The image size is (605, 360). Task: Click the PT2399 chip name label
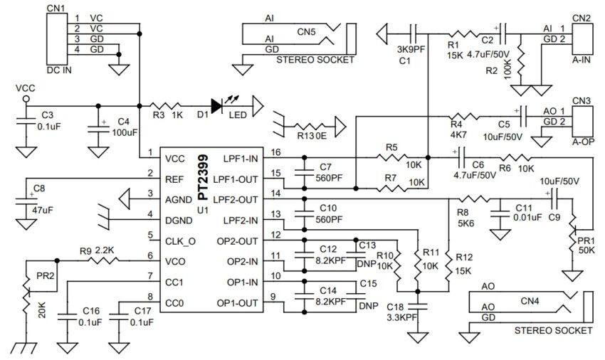pyautogui.click(x=203, y=177)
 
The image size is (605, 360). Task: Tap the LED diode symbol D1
pyautogui.click(x=217, y=106)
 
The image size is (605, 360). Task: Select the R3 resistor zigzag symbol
pyautogui.click(x=165, y=106)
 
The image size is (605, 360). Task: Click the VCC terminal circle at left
pyautogui.click(x=26, y=99)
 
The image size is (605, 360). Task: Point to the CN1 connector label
pyautogui.click(x=56, y=8)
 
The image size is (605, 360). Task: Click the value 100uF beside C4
pyautogui.click(x=125, y=133)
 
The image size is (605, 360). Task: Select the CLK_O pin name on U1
pyautogui.click(x=180, y=241)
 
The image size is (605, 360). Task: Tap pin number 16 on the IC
pyautogui.click(x=275, y=152)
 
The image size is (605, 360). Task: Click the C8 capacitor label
pyautogui.click(x=39, y=189)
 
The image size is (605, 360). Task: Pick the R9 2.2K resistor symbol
pyautogui.click(x=104, y=261)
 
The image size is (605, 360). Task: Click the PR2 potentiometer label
pyautogui.click(x=45, y=276)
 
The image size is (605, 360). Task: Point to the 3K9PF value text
pyautogui.click(x=411, y=49)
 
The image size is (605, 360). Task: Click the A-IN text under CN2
pyautogui.click(x=581, y=60)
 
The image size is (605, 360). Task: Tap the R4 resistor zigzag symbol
pyautogui.click(x=464, y=116)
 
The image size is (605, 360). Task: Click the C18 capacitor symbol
pyautogui.click(x=418, y=307)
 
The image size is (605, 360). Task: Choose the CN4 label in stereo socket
pyautogui.click(x=530, y=300)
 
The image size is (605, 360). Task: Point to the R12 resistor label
pyautogui.click(x=464, y=257)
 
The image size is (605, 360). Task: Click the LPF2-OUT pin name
pyautogui.click(x=236, y=200)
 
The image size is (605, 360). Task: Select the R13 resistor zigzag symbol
pyautogui.click(x=310, y=126)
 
